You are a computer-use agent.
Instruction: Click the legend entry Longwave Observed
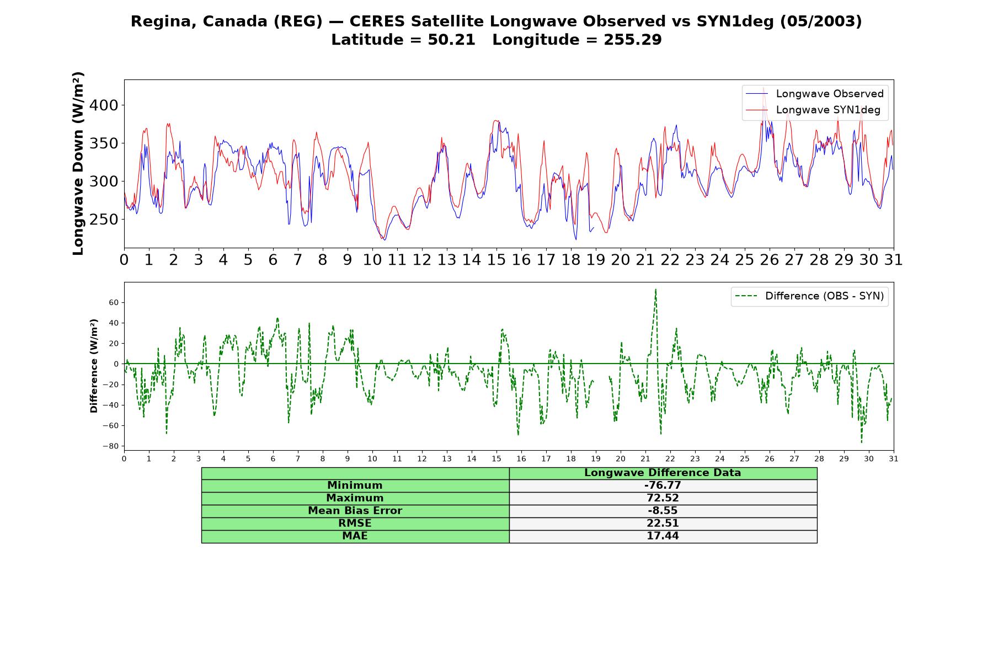pos(815,94)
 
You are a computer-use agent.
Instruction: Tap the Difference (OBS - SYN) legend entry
pos(809,296)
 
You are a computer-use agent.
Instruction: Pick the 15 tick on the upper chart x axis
pos(496,259)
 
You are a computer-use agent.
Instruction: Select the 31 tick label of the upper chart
pos(894,259)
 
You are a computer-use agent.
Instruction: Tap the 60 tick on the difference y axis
pos(114,302)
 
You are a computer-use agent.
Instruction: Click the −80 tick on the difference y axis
pos(111,446)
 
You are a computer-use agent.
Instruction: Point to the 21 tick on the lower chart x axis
pos(645,459)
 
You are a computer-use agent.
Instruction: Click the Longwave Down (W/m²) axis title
pos(78,163)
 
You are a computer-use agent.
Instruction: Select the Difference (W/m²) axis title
pos(94,366)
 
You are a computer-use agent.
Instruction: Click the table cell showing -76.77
pos(663,485)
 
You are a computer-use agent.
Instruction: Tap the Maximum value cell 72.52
pos(663,498)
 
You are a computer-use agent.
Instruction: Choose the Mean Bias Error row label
pos(355,511)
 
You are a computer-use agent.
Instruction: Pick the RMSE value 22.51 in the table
pos(663,524)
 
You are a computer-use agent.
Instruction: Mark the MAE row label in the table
pos(355,536)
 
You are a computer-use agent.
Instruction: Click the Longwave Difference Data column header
pos(663,473)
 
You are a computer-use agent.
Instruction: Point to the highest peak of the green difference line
pos(655,289)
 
